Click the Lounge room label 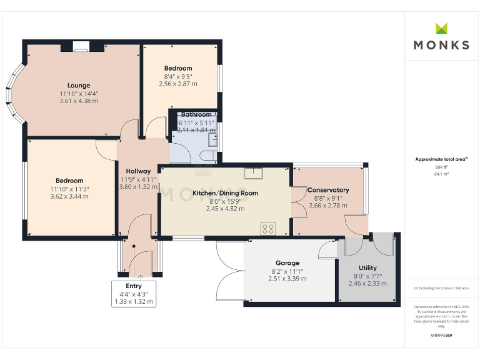click(79, 86)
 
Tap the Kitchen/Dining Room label click(225, 193)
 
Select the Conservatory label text click(328, 190)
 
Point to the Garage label click(287, 263)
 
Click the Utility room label click(367, 268)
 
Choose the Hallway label click(138, 171)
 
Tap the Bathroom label click(196, 115)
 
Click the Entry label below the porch click(134, 286)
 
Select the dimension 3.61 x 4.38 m click(79, 101)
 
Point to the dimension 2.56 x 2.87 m click(178, 84)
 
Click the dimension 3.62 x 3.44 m click(70, 196)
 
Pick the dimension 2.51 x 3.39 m click(287, 279)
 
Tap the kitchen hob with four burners click(269, 229)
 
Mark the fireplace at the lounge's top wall click(80, 46)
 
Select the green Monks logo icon click(441, 28)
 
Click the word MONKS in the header click(441, 45)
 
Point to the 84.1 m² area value click(441, 174)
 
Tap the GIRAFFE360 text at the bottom click(441, 336)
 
